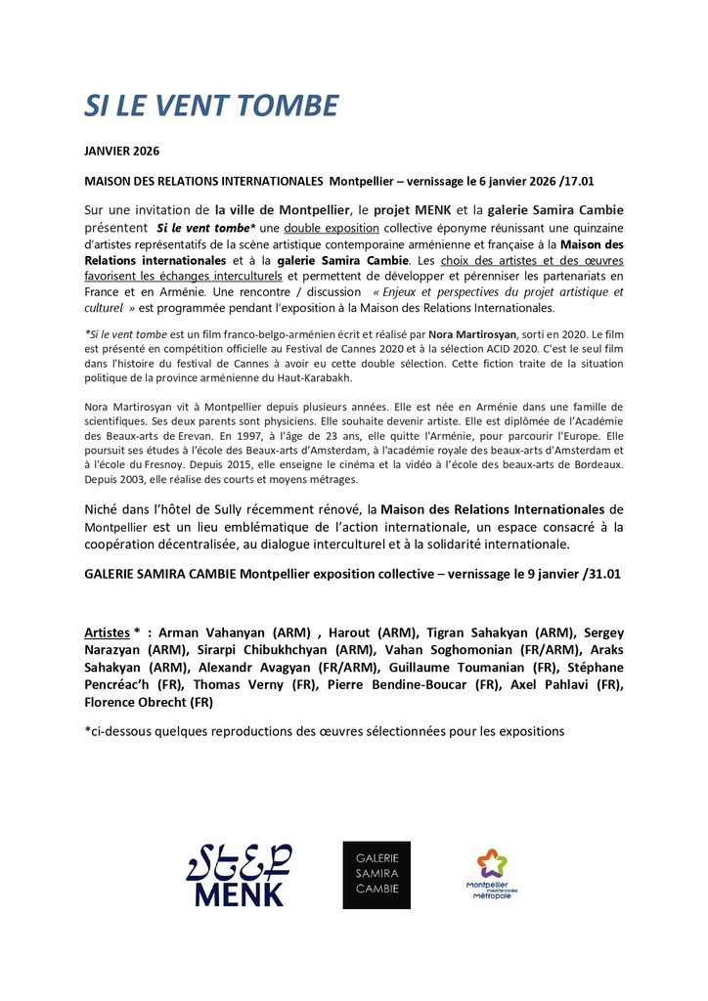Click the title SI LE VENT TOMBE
(x=210, y=107)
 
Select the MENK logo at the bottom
(x=239, y=874)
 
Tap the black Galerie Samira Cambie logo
(x=376, y=875)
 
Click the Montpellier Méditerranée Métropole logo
(x=492, y=874)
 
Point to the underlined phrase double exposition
(x=332, y=228)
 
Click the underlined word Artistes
(x=108, y=632)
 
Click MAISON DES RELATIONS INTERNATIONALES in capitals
(x=203, y=182)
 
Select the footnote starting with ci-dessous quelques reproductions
(x=325, y=731)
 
